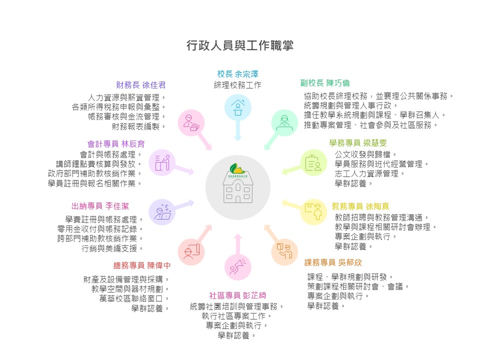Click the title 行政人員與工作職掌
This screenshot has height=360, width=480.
click(x=240, y=45)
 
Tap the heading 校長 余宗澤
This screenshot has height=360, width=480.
click(x=237, y=74)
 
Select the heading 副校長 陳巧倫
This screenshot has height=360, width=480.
click(x=325, y=83)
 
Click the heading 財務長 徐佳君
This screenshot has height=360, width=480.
click(x=141, y=85)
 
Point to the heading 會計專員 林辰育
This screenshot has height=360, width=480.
click(x=116, y=144)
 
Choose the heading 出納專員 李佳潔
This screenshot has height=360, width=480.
click(x=100, y=206)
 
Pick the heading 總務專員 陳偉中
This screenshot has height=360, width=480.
click(x=142, y=265)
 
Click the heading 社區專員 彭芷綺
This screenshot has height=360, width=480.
click(x=238, y=295)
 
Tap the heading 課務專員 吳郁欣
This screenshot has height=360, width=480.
click(x=333, y=262)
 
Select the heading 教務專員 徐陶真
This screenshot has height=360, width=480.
click(x=360, y=206)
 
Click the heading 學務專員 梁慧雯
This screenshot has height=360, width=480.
click(x=358, y=143)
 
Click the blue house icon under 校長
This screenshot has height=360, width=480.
click(x=238, y=107)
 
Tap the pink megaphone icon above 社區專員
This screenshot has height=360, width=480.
click(x=238, y=266)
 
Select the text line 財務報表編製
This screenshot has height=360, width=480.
click(x=138, y=126)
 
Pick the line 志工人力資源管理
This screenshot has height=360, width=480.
click(x=369, y=174)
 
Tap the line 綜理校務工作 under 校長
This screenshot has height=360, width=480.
click(x=237, y=85)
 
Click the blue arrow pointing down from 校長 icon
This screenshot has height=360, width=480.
click(x=238, y=130)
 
